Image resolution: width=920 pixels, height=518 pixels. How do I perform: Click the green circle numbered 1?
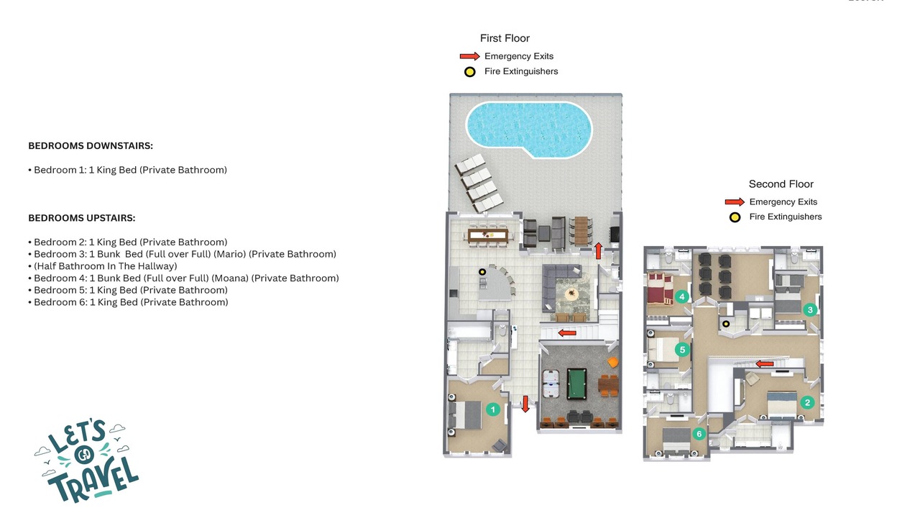tap(493, 409)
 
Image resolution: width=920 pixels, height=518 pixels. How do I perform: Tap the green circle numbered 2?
tap(807, 402)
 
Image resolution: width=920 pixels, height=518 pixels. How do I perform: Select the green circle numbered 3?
tap(810, 309)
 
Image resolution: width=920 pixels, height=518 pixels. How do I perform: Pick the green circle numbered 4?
tap(682, 296)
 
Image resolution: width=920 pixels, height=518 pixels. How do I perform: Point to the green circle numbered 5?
tap(682, 350)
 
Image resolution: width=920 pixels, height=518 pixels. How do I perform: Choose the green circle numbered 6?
tap(699, 433)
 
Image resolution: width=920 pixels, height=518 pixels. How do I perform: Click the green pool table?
tap(576, 383)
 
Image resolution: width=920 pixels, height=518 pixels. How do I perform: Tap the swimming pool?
tap(529, 129)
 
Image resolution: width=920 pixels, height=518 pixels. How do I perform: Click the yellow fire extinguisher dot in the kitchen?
tap(482, 272)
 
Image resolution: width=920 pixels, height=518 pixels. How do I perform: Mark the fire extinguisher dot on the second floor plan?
tap(726, 324)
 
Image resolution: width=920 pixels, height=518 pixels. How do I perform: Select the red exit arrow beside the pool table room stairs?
tap(567, 333)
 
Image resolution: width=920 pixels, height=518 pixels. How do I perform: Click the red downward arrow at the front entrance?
tap(525, 404)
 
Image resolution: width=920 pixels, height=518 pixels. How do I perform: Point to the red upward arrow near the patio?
tap(599, 251)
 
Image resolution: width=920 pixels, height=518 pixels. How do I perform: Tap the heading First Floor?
tap(505, 38)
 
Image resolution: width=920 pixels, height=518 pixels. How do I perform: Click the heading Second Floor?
tap(781, 183)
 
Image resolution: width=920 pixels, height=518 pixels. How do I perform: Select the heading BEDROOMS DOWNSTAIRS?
tap(91, 145)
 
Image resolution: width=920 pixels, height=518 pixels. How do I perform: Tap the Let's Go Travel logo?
tap(87, 460)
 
